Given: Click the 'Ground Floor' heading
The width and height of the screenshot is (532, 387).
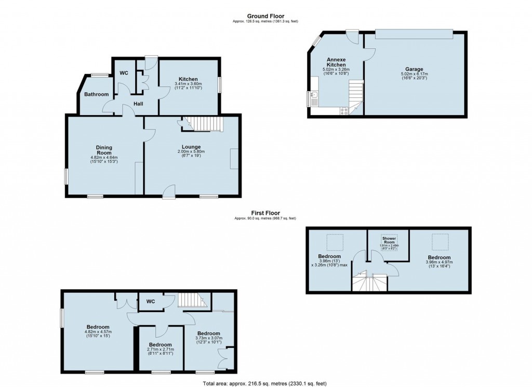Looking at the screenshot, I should point(265,16).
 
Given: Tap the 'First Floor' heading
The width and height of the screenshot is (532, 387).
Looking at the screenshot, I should point(265,213).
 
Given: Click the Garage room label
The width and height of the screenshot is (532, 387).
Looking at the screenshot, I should point(414,69).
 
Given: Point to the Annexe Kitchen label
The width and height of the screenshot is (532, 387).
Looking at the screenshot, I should point(336,61).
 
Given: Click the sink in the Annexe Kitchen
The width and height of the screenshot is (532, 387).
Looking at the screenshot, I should point(315,95).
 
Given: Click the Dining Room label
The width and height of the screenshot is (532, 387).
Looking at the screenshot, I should point(104,150).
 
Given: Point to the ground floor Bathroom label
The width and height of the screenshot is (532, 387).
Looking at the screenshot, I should point(97,94).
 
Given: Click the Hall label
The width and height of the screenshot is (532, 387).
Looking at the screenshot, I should point(138,104).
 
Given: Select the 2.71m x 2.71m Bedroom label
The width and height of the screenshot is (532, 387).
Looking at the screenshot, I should point(160,345).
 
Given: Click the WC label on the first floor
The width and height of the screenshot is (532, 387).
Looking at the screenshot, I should point(151,301).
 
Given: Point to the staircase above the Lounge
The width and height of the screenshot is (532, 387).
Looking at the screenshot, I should point(204,124).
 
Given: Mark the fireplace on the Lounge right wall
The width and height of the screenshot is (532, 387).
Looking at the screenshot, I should point(234,158).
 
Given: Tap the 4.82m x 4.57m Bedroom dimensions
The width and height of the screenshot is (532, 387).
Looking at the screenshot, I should point(98,334).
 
